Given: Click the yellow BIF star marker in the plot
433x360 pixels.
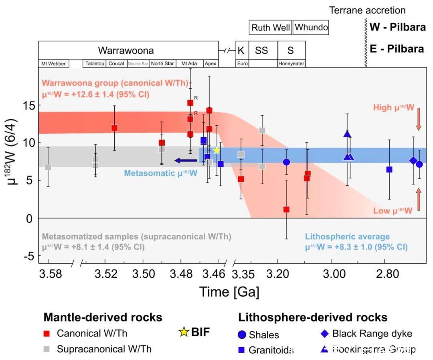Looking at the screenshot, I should [216, 150].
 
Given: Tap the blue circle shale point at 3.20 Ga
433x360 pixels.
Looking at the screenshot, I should [286, 162].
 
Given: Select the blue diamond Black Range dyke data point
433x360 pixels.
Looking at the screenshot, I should [413, 160].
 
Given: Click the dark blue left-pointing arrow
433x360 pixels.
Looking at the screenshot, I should [186, 161].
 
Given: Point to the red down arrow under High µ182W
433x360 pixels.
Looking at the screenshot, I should [419, 119].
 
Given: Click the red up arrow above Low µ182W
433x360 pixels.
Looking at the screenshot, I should [419, 199].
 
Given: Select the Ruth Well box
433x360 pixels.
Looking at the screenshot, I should [270, 28].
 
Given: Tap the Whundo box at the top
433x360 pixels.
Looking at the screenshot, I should [311, 27].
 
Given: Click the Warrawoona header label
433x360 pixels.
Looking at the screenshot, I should [126, 51].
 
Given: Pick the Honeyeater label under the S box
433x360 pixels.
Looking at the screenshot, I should [291, 63].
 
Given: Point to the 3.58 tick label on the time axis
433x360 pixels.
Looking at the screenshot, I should [51, 275].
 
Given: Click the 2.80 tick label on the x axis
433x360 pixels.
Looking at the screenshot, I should [387, 275].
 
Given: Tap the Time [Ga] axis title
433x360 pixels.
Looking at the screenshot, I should [229, 292].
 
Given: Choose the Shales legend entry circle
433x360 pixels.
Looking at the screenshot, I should [242, 334].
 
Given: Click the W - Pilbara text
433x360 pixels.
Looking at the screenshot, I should [397, 28].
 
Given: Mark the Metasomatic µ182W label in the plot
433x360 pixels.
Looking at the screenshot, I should [160, 173].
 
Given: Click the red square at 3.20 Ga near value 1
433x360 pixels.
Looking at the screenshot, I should [286, 209].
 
